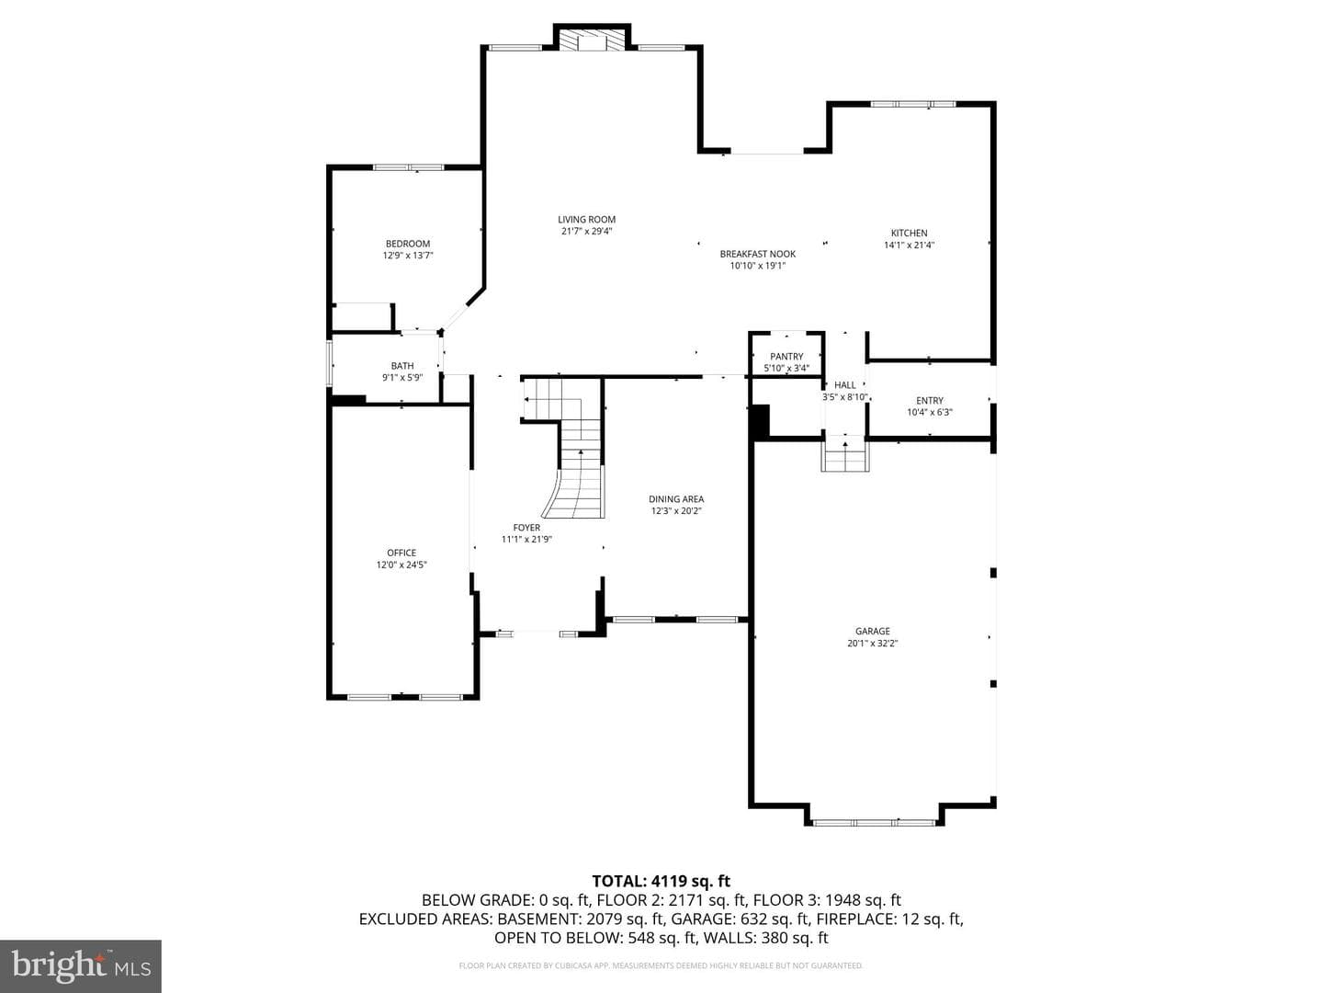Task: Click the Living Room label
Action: (586, 220)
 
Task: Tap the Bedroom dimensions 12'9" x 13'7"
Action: (408, 255)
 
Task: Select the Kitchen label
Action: (909, 233)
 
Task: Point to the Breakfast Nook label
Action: (758, 254)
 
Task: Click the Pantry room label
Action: (786, 357)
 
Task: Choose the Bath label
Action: (402, 365)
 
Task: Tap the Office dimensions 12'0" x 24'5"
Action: (401, 565)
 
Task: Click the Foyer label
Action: (526, 528)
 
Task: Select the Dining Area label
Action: (676, 498)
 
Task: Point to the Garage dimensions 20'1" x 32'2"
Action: (872, 644)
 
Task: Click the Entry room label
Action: (930, 400)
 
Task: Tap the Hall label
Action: (845, 384)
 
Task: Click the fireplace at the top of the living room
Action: (592, 38)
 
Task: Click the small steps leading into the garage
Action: (845, 456)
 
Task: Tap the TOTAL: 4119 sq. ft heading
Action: (661, 881)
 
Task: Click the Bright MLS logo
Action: (81, 965)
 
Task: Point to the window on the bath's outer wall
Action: (329, 363)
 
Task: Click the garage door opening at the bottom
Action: (874, 822)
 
